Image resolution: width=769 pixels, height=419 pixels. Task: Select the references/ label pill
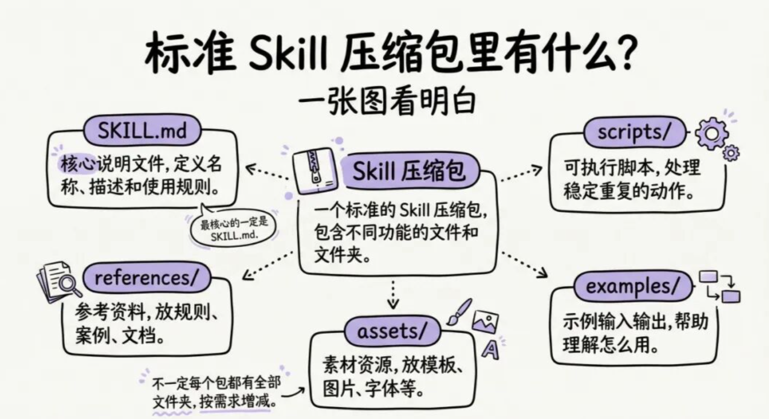coord(147,278)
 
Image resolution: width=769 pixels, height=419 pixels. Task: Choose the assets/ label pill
coord(392,332)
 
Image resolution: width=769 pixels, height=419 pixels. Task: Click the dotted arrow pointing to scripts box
coord(521,175)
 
